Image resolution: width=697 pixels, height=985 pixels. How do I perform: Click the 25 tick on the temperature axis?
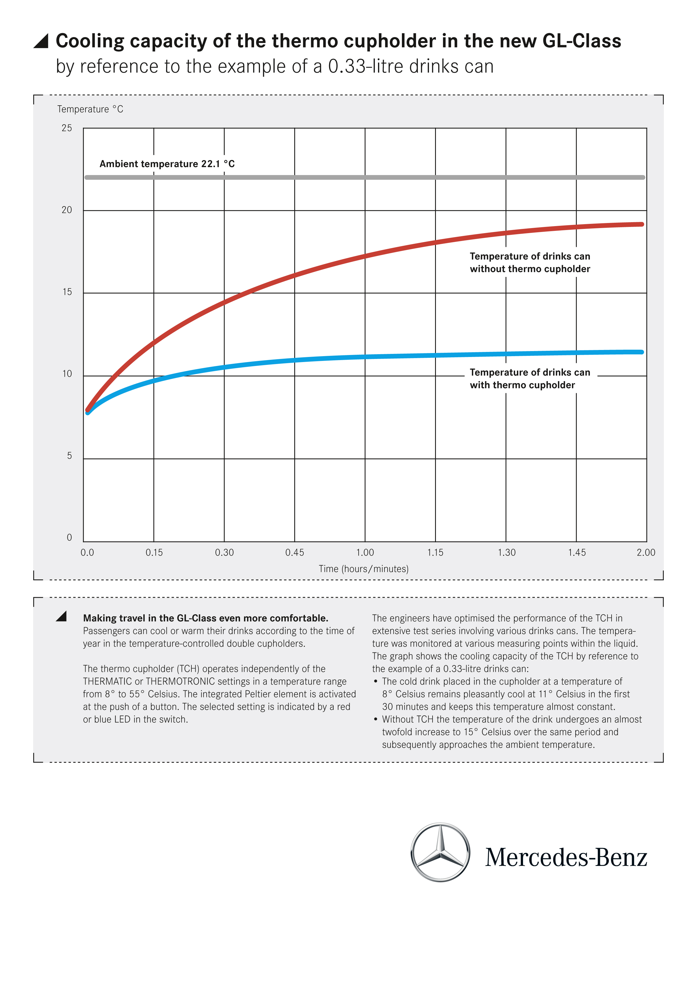coord(67,128)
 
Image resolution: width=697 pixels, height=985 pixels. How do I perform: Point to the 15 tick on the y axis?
coord(67,292)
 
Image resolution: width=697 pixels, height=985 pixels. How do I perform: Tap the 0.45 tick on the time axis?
coord(295,552)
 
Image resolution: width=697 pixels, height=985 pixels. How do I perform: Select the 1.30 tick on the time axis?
coord(506,552)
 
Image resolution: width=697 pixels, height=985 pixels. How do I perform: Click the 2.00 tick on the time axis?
coord(646,552)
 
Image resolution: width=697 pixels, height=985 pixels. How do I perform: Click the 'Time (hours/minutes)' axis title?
coord(363,569)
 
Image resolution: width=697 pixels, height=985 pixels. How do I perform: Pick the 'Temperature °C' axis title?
coord(90,109)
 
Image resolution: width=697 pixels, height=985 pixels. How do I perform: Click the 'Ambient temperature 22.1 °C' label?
coord(167,164)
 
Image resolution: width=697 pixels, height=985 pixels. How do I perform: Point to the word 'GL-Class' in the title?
coord(581,41)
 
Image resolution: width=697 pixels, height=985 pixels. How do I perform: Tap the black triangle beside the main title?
coord(42,41)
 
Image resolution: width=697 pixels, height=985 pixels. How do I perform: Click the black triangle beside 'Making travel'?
coord(61,617)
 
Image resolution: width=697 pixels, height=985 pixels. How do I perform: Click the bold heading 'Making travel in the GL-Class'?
coord(205,618)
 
